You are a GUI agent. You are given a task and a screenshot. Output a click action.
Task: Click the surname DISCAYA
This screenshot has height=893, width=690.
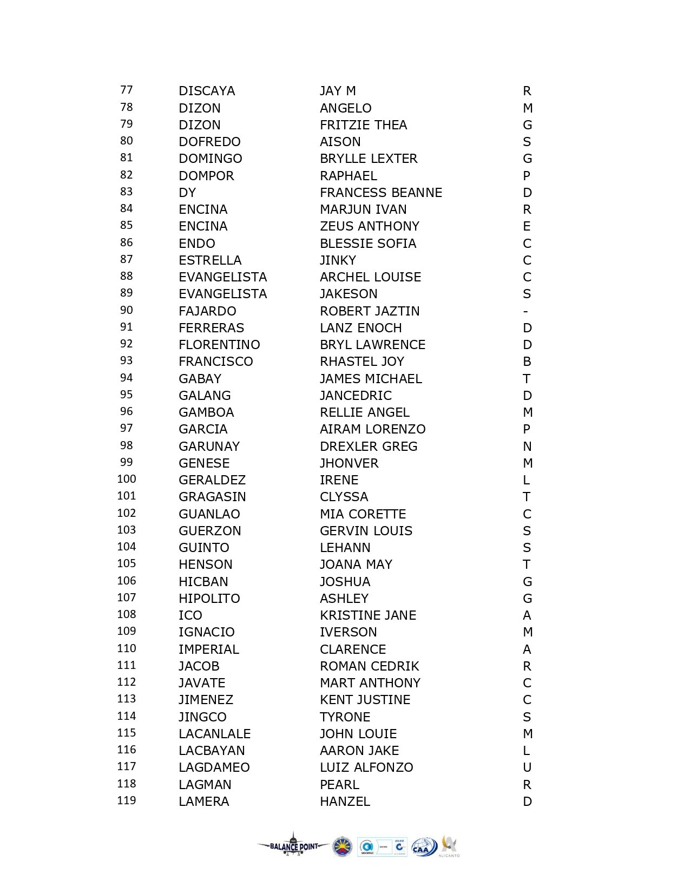[x=207, y=91]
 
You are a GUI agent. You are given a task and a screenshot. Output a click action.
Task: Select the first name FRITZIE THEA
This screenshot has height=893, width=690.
[x=363, y=125]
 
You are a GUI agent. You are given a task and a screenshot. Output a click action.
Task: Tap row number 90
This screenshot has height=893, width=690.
[x=127, y=310]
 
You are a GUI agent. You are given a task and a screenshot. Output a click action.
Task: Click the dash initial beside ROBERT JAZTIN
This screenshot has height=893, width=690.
[x=525, y=311]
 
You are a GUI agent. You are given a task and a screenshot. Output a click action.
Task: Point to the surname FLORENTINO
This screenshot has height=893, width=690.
[x=219, y=345]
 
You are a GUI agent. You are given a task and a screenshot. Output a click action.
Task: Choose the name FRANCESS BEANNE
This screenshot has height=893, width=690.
[x=381, y=193]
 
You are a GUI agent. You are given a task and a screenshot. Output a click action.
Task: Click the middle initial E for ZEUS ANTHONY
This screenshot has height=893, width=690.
[x=527, y=226]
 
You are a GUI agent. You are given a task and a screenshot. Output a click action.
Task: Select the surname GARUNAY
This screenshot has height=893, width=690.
[x=209, y=447]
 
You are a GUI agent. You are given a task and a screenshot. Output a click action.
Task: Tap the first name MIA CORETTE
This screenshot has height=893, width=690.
[x=363, y=514]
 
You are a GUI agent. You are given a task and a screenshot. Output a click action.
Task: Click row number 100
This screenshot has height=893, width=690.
[x=127, y=479]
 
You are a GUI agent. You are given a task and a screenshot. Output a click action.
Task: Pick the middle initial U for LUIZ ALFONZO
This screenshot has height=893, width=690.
[x=527, y=767]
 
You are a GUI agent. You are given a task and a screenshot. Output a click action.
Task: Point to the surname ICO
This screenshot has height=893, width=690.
[x=190, y=615]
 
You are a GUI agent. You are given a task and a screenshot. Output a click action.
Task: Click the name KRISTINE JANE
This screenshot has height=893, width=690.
[x=368, y=615]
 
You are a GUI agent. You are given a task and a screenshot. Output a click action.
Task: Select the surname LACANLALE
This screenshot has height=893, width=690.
[x=215, y=734]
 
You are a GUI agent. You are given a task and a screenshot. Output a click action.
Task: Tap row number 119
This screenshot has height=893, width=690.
[x=127, y=800]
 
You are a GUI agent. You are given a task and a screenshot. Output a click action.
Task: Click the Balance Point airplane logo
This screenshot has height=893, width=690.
[x=293, y=846]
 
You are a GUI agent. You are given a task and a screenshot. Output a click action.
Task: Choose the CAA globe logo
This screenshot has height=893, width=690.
[x=424, y=847]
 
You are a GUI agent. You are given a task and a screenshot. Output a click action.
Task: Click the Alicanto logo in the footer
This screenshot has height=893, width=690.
[x=449, y=846]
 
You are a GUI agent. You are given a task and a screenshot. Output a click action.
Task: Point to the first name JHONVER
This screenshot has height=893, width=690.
[x=349, y=463]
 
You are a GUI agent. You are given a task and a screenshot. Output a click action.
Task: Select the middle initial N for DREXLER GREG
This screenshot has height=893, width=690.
[x=527, y=447]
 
